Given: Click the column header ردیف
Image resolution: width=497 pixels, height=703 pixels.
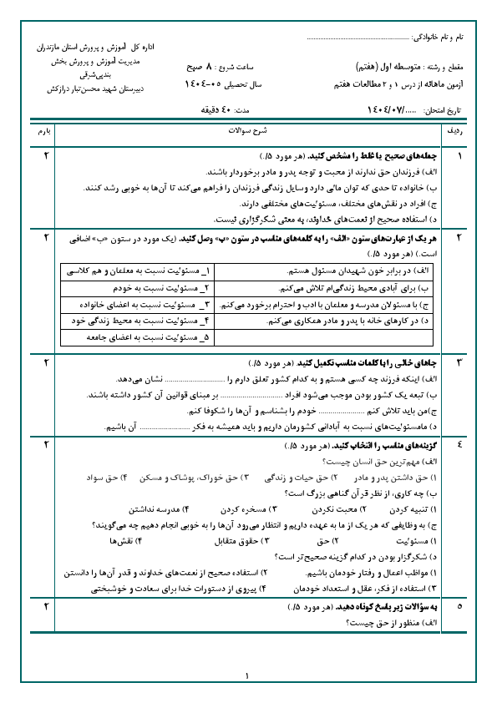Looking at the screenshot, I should [458, 132].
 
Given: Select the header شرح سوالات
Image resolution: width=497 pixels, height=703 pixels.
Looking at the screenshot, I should [246, 132].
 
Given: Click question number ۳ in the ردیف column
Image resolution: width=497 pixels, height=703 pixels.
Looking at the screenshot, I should [459, 363].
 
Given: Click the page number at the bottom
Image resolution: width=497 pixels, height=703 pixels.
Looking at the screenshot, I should [248, 676].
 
